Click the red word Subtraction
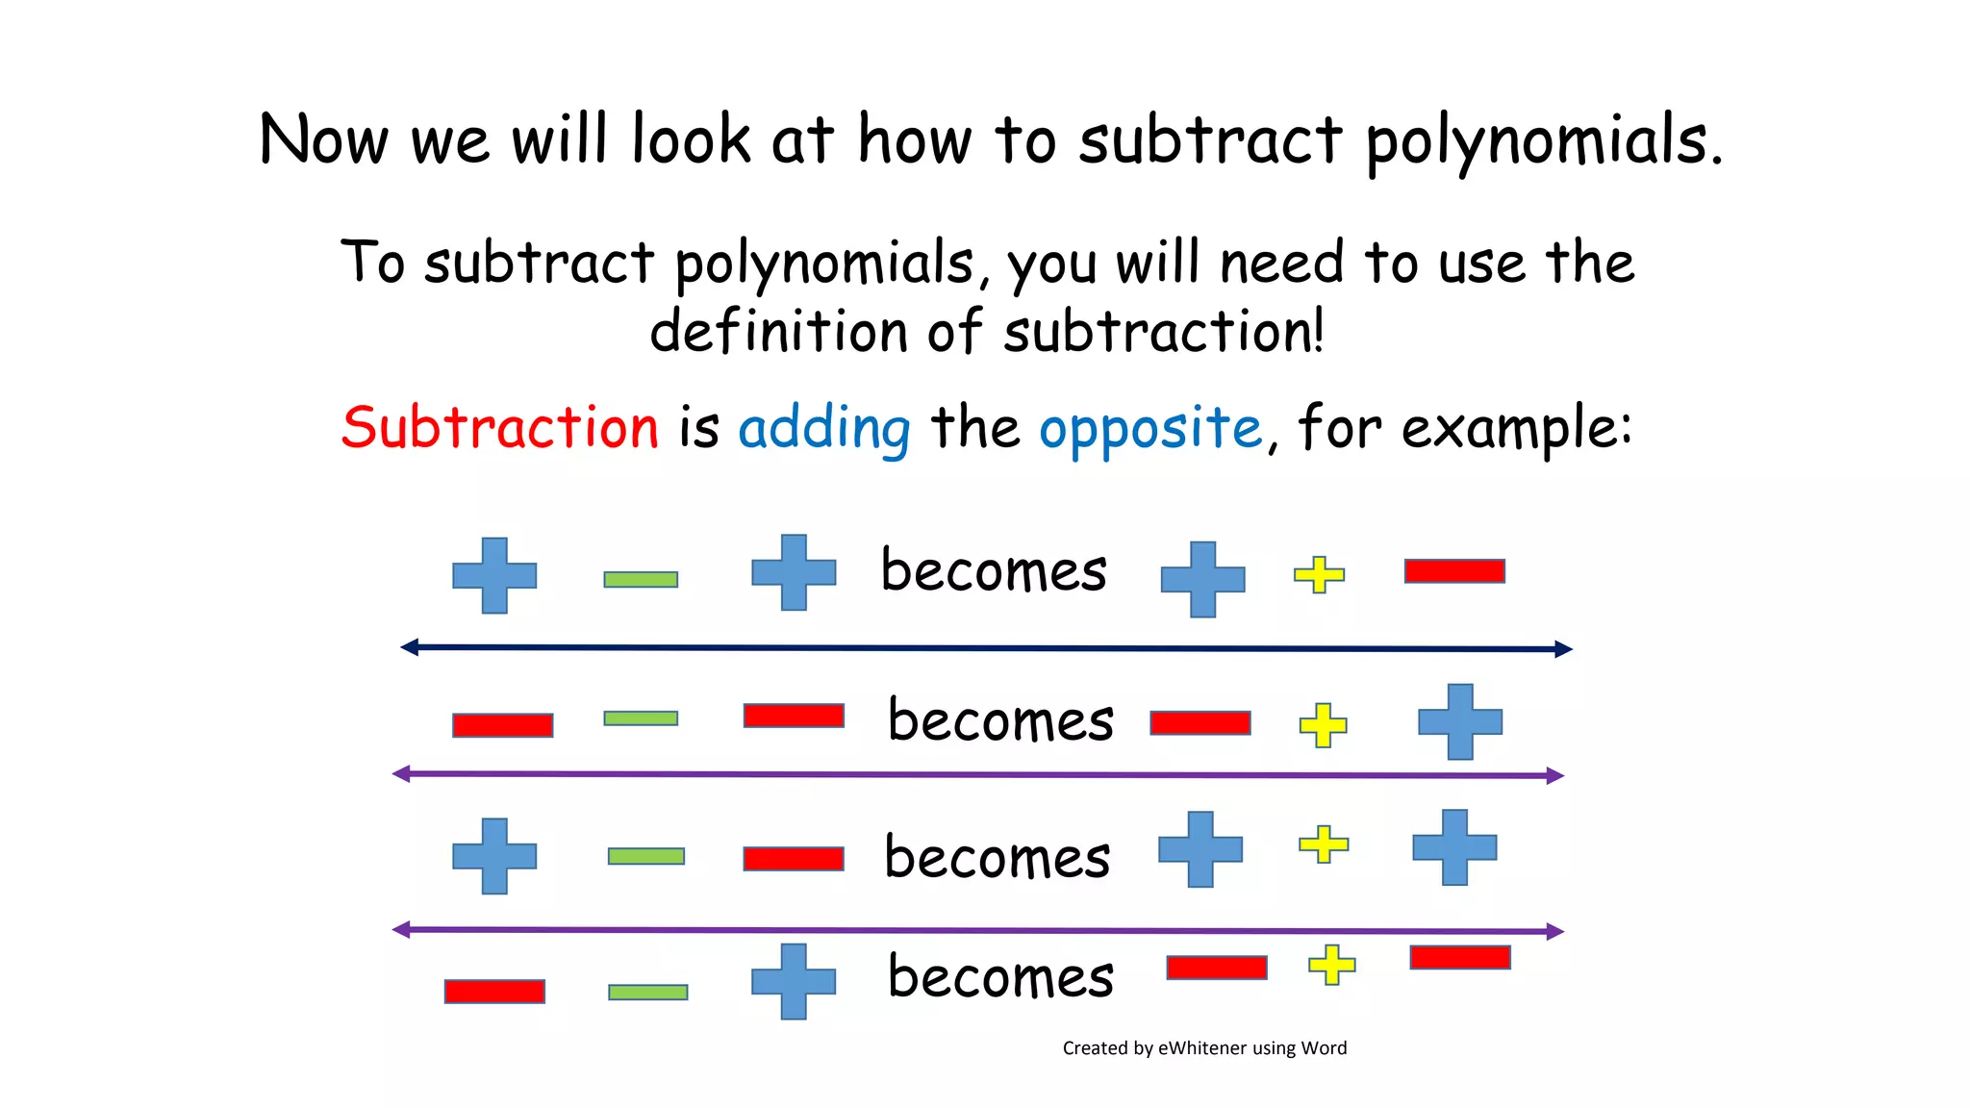click(500, 427)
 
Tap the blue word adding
click(824, 429)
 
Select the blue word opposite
click(1149, 429)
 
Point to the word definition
click(778, 331)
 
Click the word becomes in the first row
click(994, 570)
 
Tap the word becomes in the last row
click(1000, 977)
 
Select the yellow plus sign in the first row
click(1319, 575)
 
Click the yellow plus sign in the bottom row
click(1332, 965)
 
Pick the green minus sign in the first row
click(641, 579)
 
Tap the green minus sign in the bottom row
click(648, 992)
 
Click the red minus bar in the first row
click(1454, 571)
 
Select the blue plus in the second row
click(1460, 721)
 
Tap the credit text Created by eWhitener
click(1204, 1048)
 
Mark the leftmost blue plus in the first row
click(494, 575)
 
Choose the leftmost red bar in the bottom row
click(494, 992)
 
